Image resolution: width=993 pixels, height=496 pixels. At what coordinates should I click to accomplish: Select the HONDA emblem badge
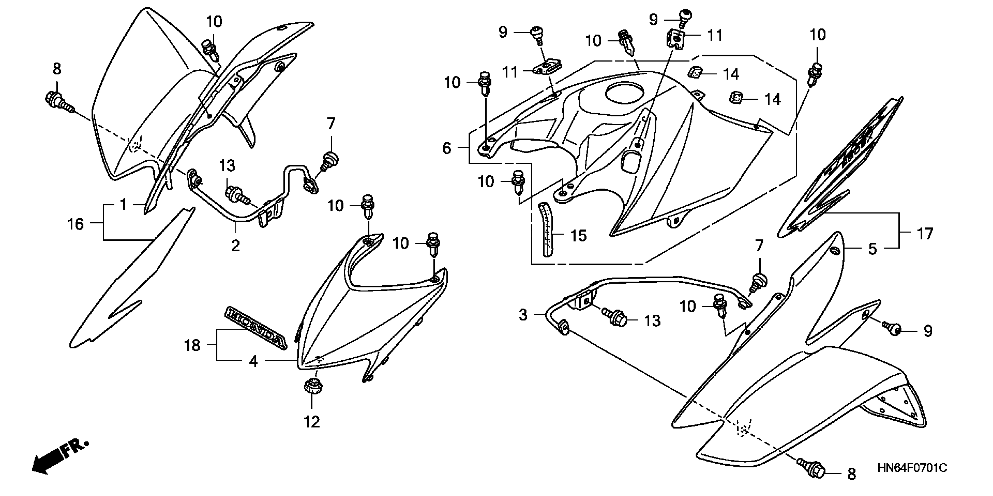[x=256, y=328]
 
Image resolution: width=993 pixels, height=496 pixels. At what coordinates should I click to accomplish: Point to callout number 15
[x=578, y=235]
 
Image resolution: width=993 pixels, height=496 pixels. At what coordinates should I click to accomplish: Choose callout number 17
[x=925, y=233]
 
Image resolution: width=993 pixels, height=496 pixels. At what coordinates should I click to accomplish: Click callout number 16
[x=76, y=224]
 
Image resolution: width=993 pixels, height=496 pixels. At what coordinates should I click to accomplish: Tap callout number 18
[x=192, y=345]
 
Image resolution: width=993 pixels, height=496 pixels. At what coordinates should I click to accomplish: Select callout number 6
[x=446, y=148]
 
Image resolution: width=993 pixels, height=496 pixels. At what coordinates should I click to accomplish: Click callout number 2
[x=235, y=245]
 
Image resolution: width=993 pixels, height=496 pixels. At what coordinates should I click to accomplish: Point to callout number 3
[x=523, y=315]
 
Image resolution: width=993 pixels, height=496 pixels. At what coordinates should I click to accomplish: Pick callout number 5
[x=872, y=249]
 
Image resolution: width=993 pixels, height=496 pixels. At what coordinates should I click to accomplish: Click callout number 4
[x=253, y=361]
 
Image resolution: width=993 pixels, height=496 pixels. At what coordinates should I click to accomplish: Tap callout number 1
[x=123, y=204]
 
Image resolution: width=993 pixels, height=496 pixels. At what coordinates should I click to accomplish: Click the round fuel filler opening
[x=624, y=93]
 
